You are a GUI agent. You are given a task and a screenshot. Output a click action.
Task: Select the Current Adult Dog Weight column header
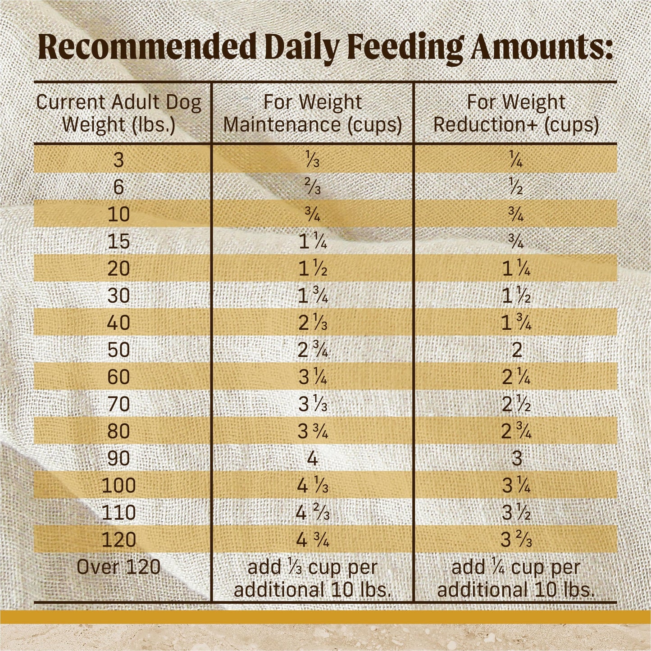(x=118, y=113)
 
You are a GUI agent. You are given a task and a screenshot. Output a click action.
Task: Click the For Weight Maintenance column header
(x=312, y=113)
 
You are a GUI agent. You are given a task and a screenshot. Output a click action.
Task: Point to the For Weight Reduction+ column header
(x=516, y=113)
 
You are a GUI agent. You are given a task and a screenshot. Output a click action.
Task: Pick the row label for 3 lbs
(x=118, y=160)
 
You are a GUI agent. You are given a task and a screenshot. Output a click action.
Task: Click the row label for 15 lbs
(x=118, y=241)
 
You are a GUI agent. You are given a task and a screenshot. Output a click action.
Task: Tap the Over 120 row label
(x=118, y=567)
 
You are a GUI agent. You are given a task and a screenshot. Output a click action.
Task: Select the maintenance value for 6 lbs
(x=312, y=187)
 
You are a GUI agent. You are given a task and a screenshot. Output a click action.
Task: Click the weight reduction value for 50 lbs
(x=516, y=350)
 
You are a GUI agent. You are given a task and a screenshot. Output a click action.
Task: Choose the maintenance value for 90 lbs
(x=312, y=459)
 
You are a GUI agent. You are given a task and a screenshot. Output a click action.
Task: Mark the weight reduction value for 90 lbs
(x=516, y=459)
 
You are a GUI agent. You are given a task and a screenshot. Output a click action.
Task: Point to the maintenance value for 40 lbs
(x=312, y=323)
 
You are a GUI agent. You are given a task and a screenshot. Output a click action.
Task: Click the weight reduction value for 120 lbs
(x=516, y=540)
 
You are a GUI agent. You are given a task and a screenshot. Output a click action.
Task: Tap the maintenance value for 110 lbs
(x=312, y=513)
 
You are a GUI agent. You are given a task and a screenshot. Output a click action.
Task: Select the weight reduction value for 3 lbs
(x=516, y=160)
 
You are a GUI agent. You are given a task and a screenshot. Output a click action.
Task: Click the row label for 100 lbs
(x=118, y=486)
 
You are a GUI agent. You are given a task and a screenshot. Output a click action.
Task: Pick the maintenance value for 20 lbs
(x=312, y=269)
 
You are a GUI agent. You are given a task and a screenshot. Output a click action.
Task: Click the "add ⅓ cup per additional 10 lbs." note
(x=312, y=578)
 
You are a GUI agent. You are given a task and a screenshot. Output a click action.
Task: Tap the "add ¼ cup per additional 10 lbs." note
(x=516, y=578)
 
